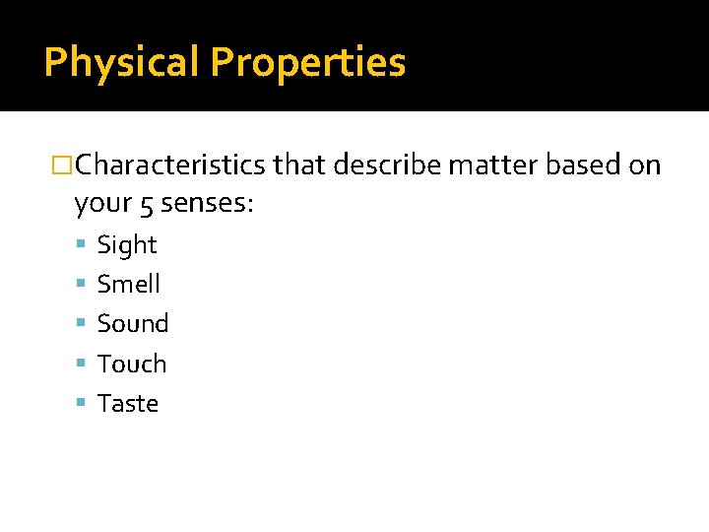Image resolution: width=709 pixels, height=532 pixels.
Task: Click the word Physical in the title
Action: (x=122, y=62)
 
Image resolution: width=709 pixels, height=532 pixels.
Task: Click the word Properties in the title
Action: (x=307, y=62)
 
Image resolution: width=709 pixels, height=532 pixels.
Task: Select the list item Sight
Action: (x=127, y=244)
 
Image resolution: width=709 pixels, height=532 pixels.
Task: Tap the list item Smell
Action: (x=129, y=284)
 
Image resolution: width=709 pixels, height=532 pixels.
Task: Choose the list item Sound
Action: (x=133, y=323)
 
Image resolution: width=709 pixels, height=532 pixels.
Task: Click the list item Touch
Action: (x=132, y=364)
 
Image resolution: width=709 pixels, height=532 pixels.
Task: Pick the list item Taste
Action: (x=128, y=403)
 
